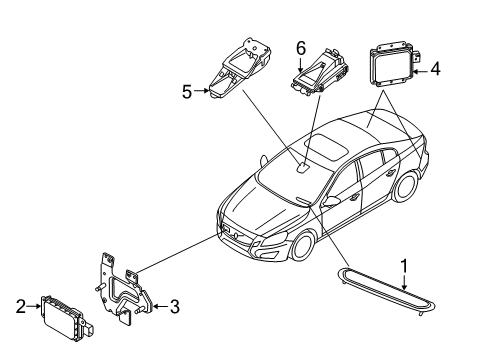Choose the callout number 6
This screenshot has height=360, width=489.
click(300, 46)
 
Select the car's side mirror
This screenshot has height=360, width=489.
click(326, 202)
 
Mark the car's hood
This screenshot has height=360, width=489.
click(245, 205)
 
